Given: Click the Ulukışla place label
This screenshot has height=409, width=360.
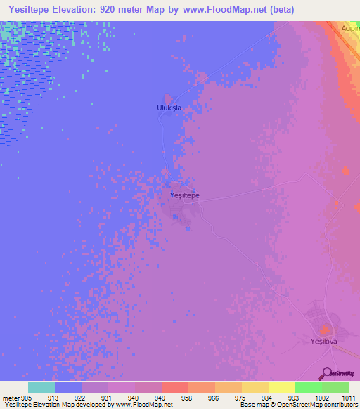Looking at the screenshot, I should pyautogui.click(x=169, y=108).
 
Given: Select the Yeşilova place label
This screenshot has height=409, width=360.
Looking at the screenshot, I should pyautogui.click(x=326, y=342).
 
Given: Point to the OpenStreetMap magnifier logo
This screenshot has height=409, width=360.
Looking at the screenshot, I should pyautogui.click(x=326, y=373).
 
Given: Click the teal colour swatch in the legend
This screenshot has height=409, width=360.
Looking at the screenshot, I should pyautogui.click(x=41, y=387).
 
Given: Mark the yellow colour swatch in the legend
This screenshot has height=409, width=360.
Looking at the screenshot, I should pyautogui.click(x=281, y=387).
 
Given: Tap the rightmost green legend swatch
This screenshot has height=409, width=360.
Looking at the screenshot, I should pyautogui.click(x=335, y=387).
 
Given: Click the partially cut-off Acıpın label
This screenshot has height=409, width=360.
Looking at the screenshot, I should pyautogui.click(x=350, y=28).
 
